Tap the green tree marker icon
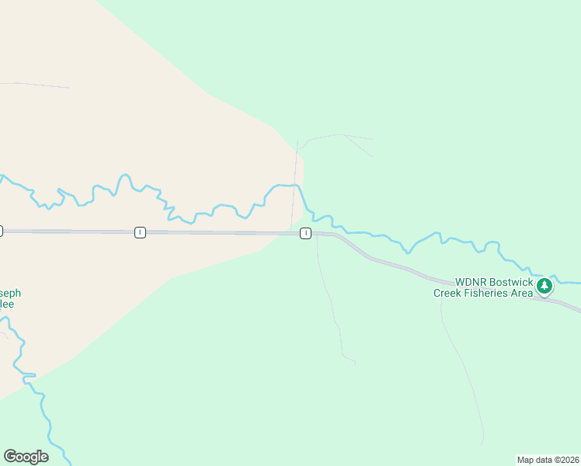(544, 287)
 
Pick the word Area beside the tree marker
(521, 293)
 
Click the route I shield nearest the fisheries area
(306, 233)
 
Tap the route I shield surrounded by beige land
(139, 232)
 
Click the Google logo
(26, 457)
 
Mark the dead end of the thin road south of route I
(355, 363)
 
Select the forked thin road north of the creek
(342, 136)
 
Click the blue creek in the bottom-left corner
(47, 419)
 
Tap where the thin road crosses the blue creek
(295, 186)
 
